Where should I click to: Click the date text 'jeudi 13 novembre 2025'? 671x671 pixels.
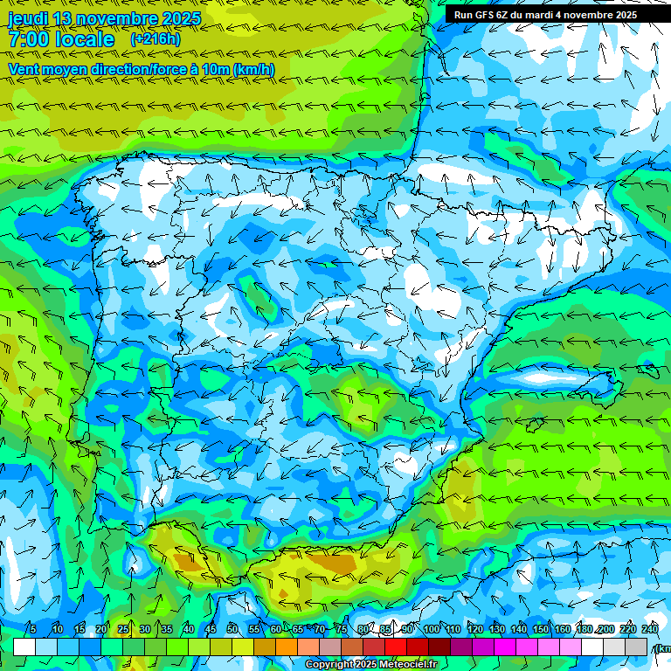pos(104,18)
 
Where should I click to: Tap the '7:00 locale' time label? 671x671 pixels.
pos(61,39)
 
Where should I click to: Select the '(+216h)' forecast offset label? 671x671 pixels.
pos(156,39)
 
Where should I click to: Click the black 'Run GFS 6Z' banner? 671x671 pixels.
pos(545,15)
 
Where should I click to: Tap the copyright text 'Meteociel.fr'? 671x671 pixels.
pos(409,665)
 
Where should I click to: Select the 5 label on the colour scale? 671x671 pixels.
pos(32,630)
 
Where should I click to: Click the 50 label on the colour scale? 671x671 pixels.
pos(232,630)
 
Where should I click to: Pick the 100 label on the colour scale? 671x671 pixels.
pos(431,630)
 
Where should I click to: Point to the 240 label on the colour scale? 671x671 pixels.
pos(650,630)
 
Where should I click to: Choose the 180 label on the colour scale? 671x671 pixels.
pos(584,630)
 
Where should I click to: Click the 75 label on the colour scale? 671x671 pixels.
pos(342,630)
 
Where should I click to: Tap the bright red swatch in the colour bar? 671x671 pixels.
pos(396,647)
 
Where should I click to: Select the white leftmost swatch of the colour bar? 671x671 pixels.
pos(24,647)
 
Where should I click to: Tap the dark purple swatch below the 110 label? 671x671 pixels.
pos(461,647)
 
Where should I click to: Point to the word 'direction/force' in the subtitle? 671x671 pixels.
pos(149,69)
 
